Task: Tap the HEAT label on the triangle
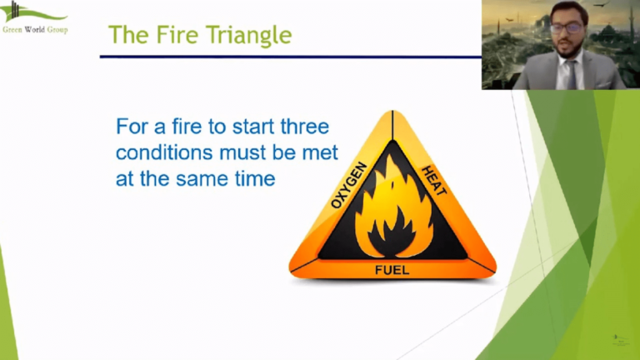tap(433, 179)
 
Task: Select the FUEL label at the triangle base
tap(392, 269)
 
